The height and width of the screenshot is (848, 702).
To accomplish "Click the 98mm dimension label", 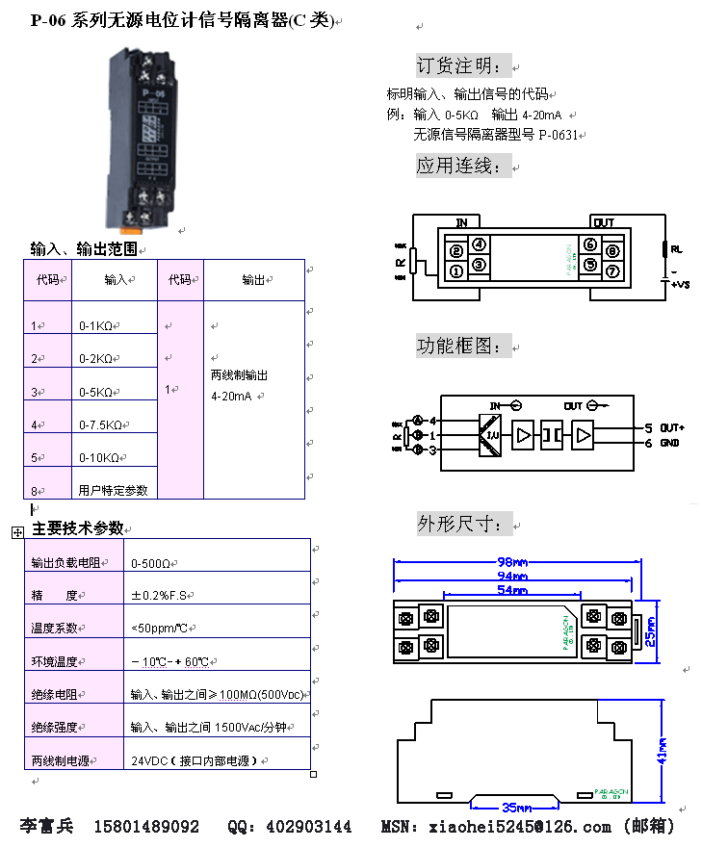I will [512, 562].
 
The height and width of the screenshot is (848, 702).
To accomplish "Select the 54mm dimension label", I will [512, 589].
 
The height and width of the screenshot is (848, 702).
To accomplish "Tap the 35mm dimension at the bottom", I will [514, 807].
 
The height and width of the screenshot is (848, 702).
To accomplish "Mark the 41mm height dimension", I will [663, 748].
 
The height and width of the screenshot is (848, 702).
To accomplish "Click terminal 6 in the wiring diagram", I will [589, 245].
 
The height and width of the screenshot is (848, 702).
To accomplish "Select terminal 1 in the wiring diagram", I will [455, 270].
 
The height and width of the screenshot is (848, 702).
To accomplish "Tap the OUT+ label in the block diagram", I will [672, 427].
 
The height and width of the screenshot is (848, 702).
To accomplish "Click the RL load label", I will [676, 248].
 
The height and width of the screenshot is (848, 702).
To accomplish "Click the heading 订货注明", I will [458, 65].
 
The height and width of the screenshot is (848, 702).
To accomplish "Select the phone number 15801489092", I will [146, 827].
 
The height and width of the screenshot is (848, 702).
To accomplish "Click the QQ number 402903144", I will [308, 827].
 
